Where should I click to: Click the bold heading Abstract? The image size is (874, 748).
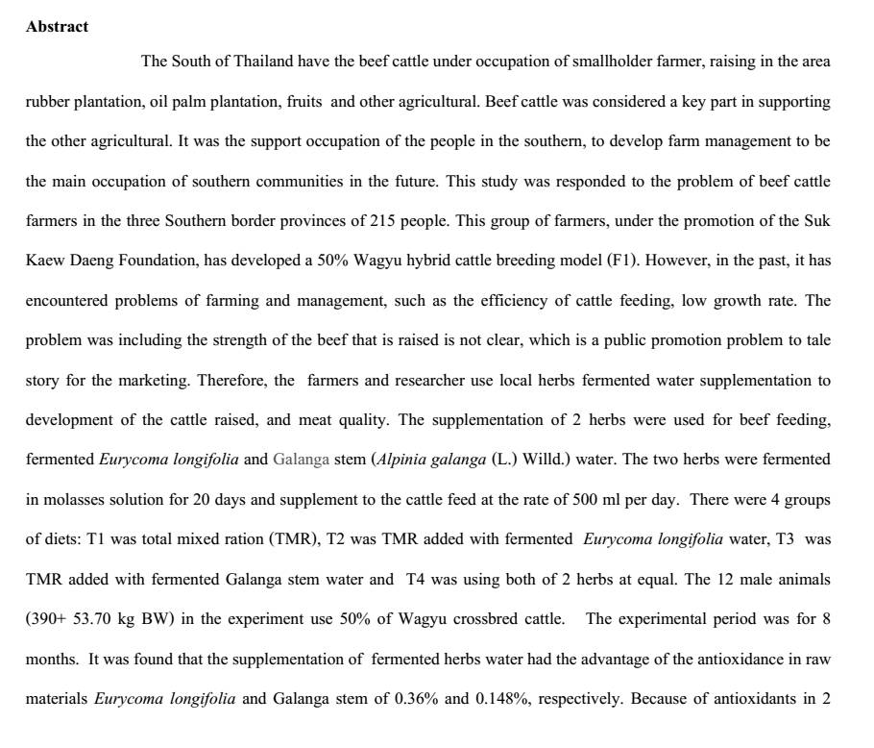57,27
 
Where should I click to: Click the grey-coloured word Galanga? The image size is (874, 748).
301,460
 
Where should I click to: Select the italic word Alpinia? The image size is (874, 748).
403,460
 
